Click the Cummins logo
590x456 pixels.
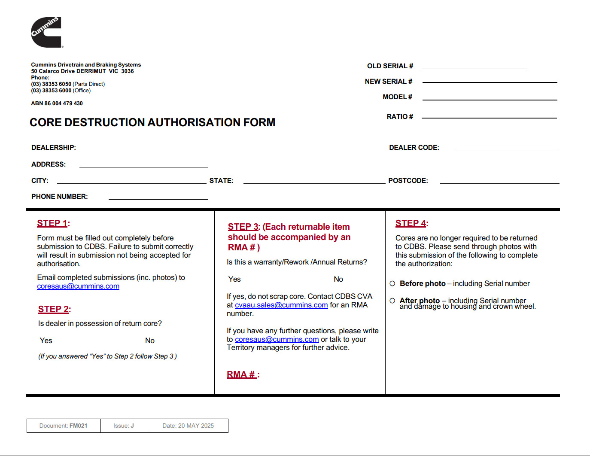point(46,33)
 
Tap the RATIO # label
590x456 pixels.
point(400,117)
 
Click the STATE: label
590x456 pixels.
point(222,181)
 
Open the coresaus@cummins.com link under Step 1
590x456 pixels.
point(78,286)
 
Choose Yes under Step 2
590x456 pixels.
point(46,340)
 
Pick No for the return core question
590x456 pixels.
point(149,340)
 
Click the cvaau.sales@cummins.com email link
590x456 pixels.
point(281,305)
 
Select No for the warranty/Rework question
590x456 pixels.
point(338,279)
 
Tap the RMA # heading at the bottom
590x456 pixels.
point(242,374)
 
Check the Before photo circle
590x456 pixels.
point(392,283)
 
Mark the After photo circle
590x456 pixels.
point(392,301)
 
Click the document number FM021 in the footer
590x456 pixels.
point(78,426)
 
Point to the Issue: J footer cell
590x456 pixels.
point(124,426)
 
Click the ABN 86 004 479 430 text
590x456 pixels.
point(57,103)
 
